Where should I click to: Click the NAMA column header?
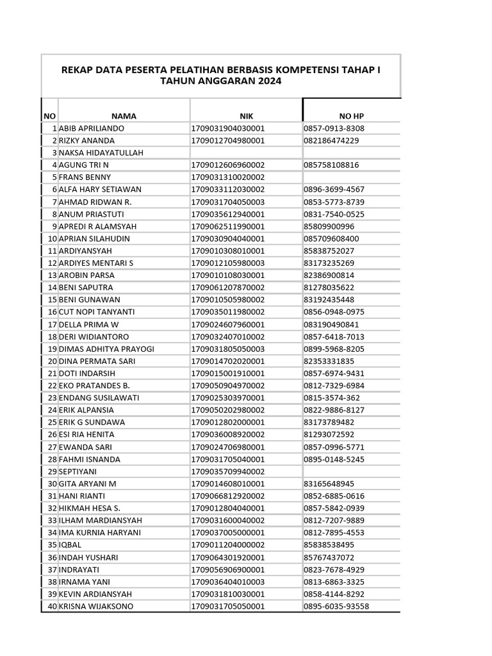(124, 116)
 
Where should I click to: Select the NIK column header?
(246, 116)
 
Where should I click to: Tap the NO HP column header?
(351, 116)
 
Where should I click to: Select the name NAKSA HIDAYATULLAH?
(101, 152)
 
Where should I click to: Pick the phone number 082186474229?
(331, 140)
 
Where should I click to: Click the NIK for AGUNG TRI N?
(228, 165)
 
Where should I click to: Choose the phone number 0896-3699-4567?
(334, 190)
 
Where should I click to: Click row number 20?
(52, 361)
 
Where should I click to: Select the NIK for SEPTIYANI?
(228, 471)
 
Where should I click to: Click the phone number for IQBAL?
(329, 545)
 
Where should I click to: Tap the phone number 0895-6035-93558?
(336, 606)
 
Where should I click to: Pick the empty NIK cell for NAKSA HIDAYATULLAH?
(245, 152)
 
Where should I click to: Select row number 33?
(52, 520)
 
